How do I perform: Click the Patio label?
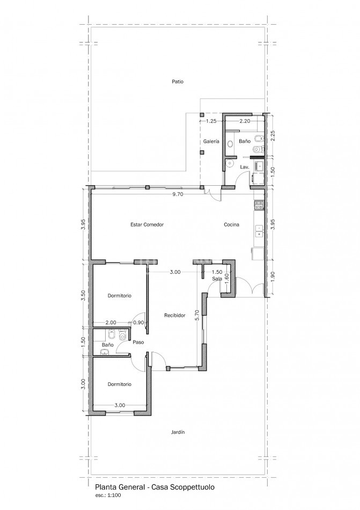point(178,82)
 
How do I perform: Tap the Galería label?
point(211,142)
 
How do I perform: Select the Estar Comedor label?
point(147,224)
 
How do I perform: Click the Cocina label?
point(231,224)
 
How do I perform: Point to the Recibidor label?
point(175,315)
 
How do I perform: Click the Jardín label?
point(178,432)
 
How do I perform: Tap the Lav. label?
point(245,167)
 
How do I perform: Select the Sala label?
point(217,279)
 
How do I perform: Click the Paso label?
point(138,342)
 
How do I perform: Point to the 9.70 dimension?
point(178,194)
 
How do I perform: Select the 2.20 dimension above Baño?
point(245,121)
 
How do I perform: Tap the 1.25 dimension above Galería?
point(211,121)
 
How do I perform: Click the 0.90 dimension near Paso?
point(138,323)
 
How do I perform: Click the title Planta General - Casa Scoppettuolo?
point(155,487)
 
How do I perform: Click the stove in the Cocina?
point(259,205)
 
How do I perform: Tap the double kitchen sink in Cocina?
point(259,231)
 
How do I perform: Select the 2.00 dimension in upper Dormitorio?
point(111,323)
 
